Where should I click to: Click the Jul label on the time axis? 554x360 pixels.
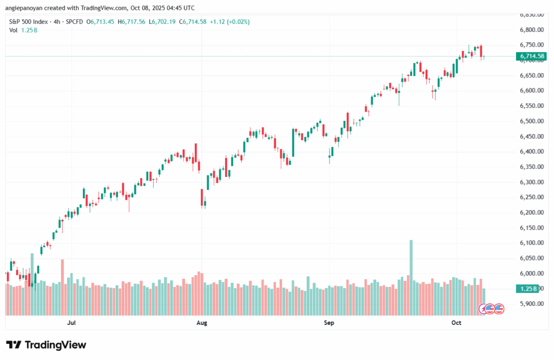71,323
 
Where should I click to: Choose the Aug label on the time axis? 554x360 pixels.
201,323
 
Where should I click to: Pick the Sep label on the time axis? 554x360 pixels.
329,323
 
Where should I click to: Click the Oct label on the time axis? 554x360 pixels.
456,323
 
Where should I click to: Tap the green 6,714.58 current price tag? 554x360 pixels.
532,56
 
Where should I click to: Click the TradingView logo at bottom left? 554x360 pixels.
46,345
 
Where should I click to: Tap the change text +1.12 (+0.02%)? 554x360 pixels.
239,22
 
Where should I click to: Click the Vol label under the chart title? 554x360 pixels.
14,30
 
